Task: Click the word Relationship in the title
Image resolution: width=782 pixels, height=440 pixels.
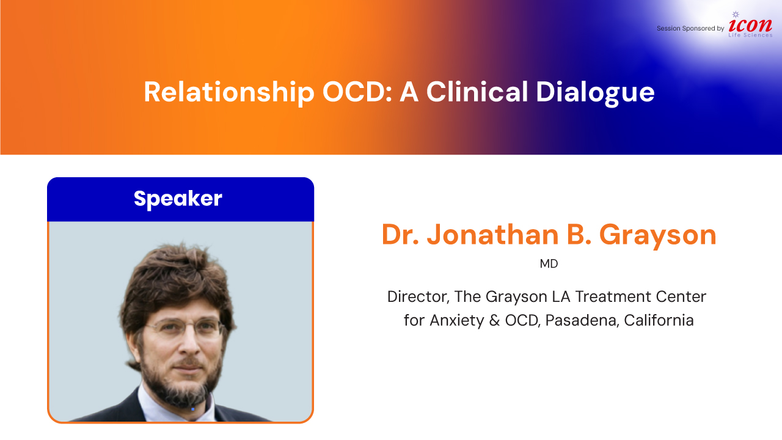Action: pyautogui.click(x=229, y=92)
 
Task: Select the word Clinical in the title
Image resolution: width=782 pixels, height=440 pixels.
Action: pyautogui.click(x=477, y=92)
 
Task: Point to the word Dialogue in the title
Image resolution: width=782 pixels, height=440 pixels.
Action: pyautogui.click(x=595, y=92)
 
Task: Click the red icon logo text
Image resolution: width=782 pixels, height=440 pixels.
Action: pyautogui.click(x=750, y=25)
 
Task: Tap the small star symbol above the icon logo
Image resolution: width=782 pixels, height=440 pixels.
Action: pyautogui.click(x=736, y=14)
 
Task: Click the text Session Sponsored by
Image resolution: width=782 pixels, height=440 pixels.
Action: pyautogui.click(x=690, y=28)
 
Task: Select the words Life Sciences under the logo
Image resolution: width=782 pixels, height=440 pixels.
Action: pyautogui.click(x=750, y=35)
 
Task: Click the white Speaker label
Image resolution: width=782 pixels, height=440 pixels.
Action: pyautogui.click(x=178, y=199)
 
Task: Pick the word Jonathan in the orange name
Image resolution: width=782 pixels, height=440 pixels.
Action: pyautogui.click(x=493, y=235)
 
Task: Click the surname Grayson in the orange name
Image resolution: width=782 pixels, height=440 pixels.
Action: pyautogui.click(x=658, y=236)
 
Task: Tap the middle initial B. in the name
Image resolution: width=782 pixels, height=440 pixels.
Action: pyautogui.click(x=579, y=235)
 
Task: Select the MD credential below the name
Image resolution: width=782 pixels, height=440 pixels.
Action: pyautogui.click(x=549, y=263)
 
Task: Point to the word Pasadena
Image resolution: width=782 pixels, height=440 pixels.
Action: pyautogui.click(x=582, y=320)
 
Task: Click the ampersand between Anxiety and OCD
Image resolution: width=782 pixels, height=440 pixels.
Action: pyautogui.click(x=494, y=320)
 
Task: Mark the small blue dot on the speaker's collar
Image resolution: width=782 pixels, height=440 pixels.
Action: pyautogui.click(x=192, y=409)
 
